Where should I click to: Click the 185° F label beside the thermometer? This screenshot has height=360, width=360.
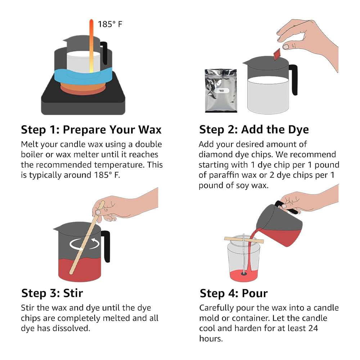[110, 24]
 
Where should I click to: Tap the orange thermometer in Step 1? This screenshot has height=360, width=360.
[91, 46]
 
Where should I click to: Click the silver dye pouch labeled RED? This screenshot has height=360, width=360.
[221, 91]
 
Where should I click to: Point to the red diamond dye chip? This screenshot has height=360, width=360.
[277, 54]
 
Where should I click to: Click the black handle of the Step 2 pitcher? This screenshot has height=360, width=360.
[293, 80]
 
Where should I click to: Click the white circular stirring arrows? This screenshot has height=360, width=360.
[84, 244]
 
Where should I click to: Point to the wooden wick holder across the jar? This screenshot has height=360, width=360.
[244, 240]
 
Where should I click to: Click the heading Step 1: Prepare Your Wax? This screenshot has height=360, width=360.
[91, 130]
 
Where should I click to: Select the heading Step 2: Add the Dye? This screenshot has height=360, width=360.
[254, 130]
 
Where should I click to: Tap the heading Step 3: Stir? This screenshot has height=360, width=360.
[52, 293]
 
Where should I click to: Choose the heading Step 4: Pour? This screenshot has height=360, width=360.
[234, 293]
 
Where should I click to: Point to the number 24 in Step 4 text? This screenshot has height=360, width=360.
[313, 328]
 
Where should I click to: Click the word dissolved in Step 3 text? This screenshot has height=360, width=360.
[71, 328]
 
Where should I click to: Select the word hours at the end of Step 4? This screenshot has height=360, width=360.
[211, 339]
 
